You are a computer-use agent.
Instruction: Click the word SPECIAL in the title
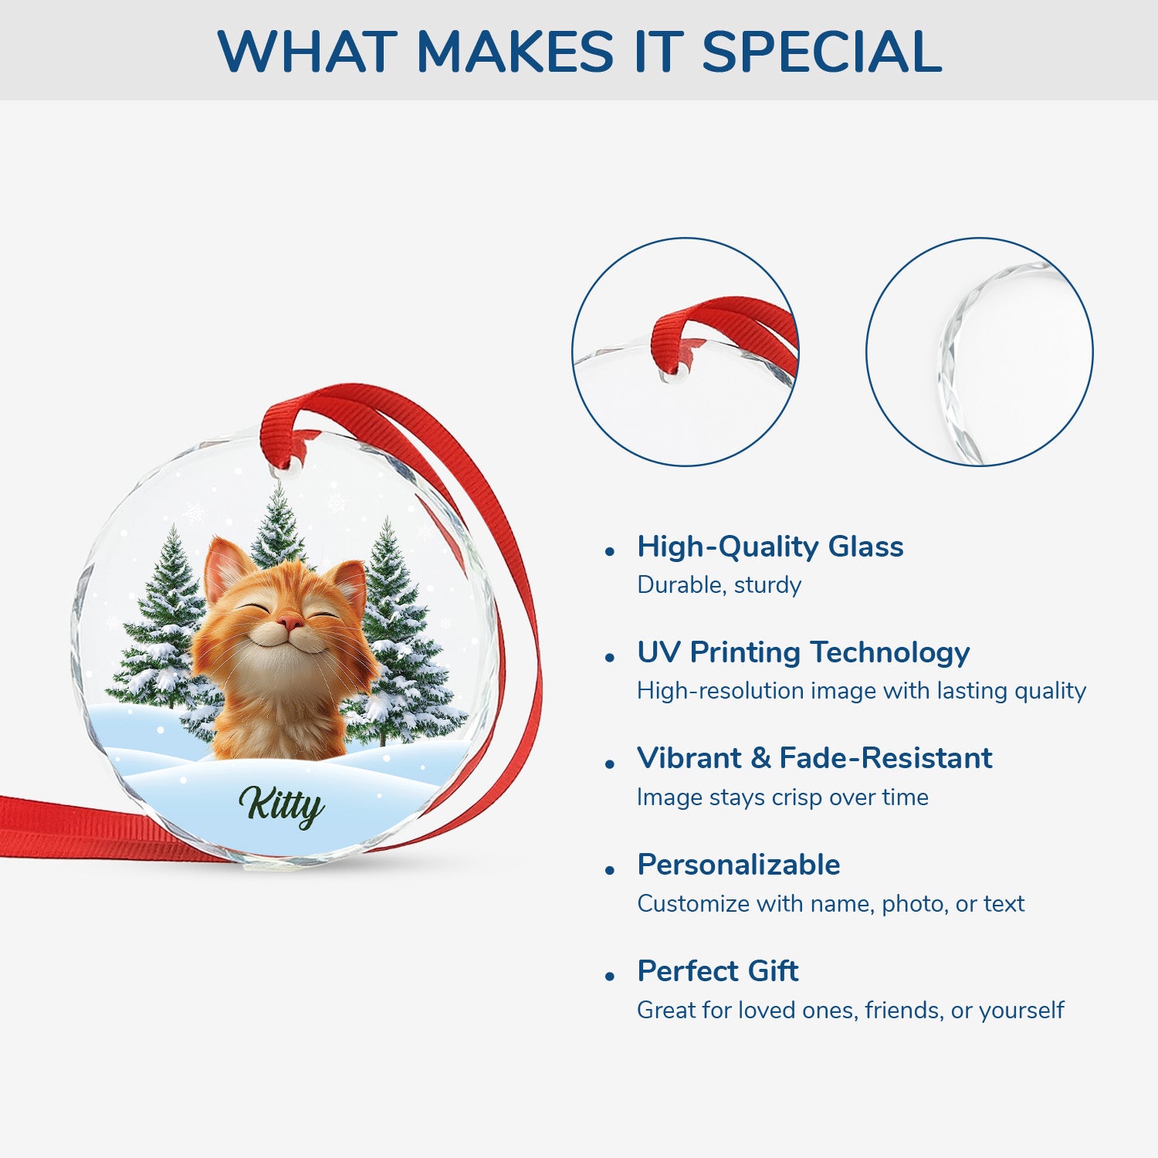coord(821,52)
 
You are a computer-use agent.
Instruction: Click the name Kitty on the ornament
coord(282,806)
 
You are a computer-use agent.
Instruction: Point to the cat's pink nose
coord(289,622)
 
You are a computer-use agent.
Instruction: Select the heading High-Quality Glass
coord(770,547)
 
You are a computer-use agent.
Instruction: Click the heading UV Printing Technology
coord(803,652)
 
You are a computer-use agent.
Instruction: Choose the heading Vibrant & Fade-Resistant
coord(814,758)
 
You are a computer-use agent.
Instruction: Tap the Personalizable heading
coord(738,865)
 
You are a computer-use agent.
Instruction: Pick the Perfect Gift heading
coord(717,970)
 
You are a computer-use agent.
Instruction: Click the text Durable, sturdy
coord(719,585)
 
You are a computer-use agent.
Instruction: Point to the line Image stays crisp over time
coord(782,797)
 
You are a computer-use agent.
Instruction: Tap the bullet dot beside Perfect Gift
coord(610,977)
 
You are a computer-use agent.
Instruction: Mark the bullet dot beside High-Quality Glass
coord(610,552)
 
